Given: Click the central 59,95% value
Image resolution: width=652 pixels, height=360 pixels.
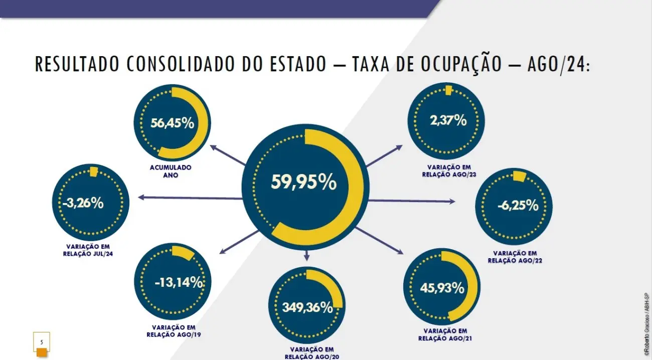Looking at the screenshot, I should pyautogui.click(x=303, y=183).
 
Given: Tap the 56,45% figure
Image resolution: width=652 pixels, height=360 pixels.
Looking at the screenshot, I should pyautogui.click(x=172, y=123).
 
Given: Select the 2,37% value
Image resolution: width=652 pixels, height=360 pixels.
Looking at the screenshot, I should pyautogui.click(x=448, y=120).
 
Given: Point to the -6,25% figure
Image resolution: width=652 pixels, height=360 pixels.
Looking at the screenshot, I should pyautogui.click(x=518, y=206).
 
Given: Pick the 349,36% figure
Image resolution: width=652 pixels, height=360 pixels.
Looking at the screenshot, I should pyautogui.click(x=307, y=307).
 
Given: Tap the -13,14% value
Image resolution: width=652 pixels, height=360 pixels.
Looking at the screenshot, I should pyautogui.click(x=178, y=283).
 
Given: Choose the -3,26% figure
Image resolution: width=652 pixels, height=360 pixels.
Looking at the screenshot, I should pyautogui.click(x=83, y=203).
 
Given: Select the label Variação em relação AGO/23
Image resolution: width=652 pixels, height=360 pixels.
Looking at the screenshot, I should pyautogui.click(x=449, y=170).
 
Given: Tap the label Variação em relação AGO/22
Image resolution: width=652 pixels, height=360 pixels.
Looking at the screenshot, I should pyautogui.click(x=515, y=257).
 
